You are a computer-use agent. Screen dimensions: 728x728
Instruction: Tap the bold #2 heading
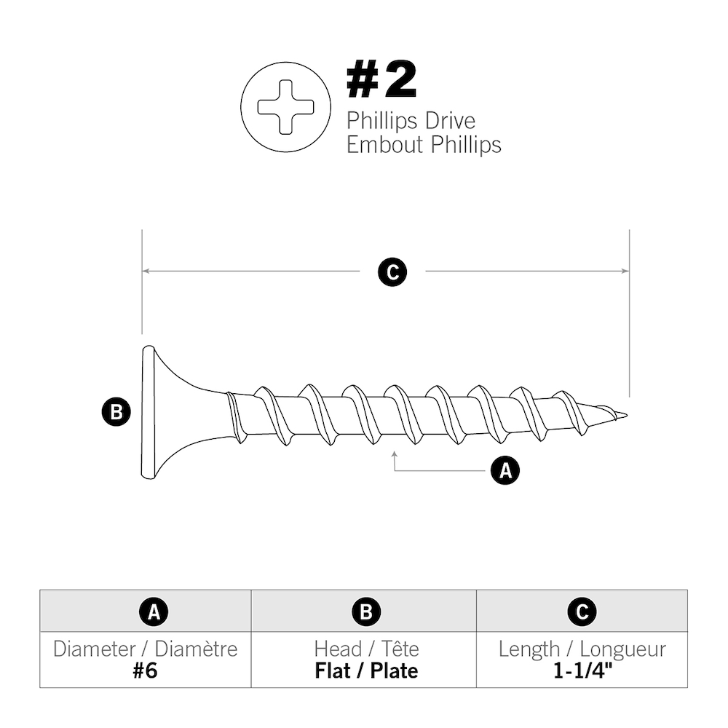(381, 81)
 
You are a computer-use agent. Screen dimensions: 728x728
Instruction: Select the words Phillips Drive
(411, 120)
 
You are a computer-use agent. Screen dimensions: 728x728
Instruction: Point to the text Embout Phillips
(424, 144)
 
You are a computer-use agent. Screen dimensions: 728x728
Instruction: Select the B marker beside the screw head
(115, 412)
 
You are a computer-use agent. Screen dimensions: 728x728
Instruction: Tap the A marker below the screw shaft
(505, 470)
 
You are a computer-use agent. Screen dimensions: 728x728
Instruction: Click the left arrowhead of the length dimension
(146, 271)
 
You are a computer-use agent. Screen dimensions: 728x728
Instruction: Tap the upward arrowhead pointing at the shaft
(394, 455)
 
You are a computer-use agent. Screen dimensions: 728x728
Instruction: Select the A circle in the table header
(154, 612)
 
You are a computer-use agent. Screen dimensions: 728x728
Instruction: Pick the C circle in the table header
(582, 612)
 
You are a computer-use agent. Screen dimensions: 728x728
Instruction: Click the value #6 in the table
(145, 670)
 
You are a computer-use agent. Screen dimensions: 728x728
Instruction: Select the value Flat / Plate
(366, 670)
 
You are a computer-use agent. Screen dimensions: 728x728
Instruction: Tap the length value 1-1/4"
(582, 670)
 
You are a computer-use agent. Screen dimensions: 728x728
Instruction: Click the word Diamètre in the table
(197, 649)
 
